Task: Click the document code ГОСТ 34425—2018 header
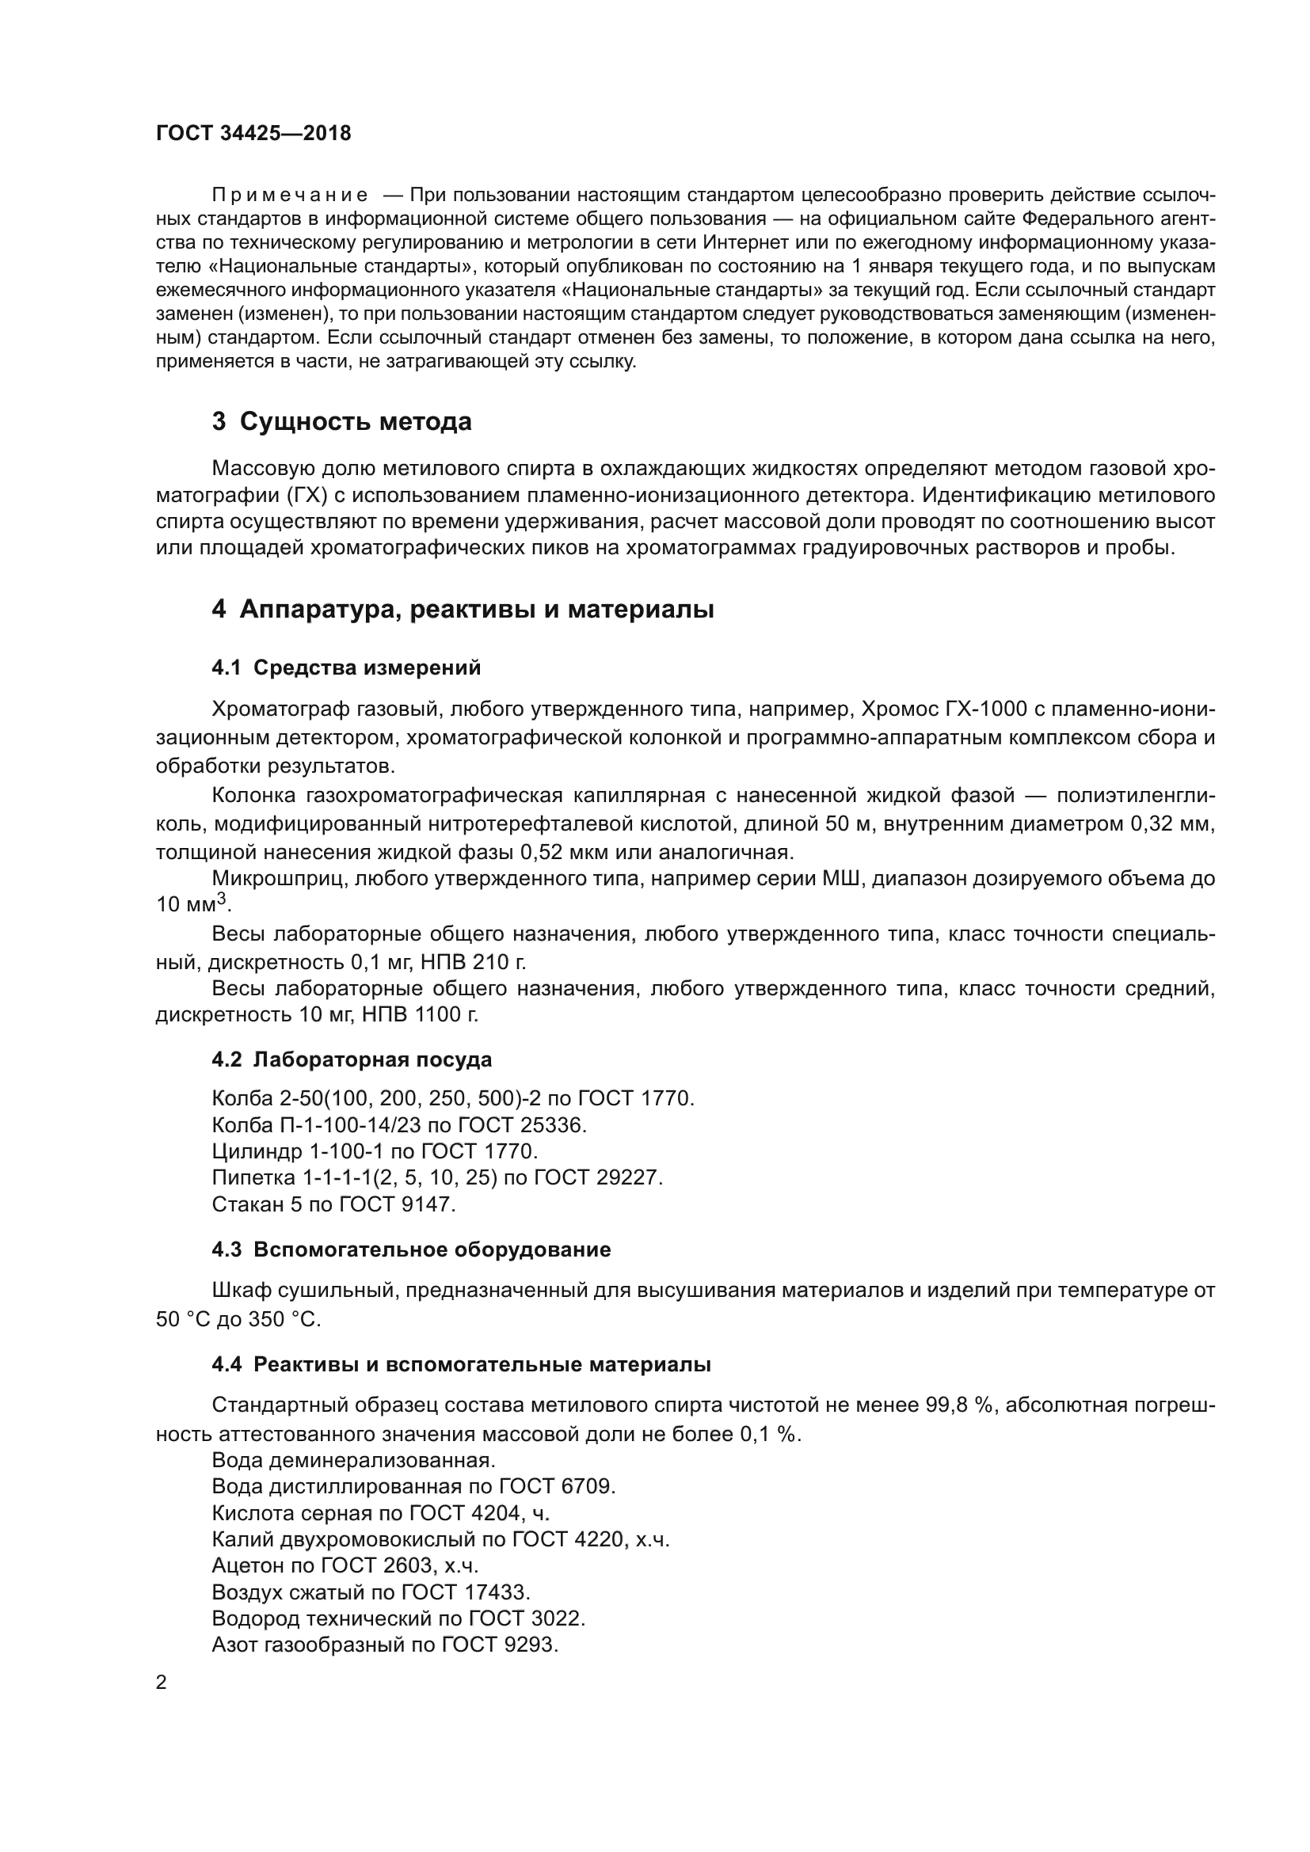253,133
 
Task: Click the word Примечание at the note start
290,196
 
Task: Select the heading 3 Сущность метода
341,421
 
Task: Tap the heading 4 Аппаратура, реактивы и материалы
463,609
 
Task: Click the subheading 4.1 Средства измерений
346,668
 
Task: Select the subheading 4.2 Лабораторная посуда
352,1059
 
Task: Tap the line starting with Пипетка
436,1177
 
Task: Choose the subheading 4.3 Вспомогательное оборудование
411,1249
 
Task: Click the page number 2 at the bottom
162,1683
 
